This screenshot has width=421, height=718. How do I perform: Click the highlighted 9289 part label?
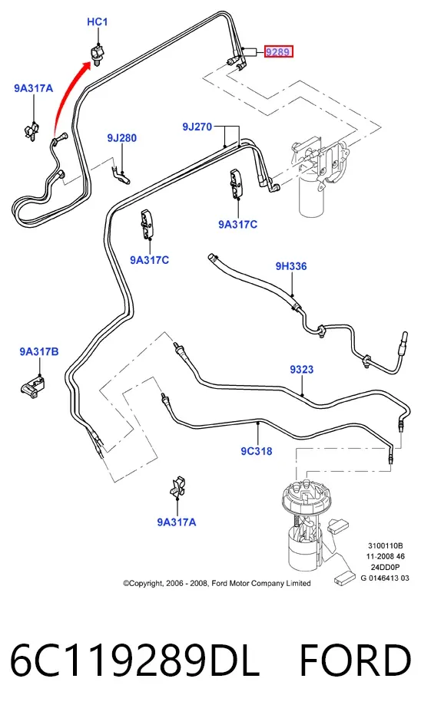coord(278,52)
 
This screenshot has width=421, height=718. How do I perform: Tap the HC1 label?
coord(98,21)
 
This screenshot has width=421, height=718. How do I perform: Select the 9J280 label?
coord(122,138)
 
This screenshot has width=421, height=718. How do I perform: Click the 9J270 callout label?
coord(197,127)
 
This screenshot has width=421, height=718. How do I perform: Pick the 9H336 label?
coord(291,266)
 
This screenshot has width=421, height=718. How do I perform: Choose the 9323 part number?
coord(302,369)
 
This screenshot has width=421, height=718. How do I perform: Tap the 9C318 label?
coord(257,451)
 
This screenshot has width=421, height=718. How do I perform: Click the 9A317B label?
coord(39,351)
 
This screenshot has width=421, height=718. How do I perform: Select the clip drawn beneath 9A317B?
coord(33,385)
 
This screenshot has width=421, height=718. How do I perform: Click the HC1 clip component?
coord(98,53)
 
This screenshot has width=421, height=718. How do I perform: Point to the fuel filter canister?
coord(313,195)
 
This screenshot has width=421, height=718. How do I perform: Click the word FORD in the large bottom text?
coord(356,660)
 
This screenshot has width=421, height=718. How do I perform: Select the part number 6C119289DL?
coord(135,660)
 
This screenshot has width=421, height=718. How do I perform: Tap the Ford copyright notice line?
coord(217,583)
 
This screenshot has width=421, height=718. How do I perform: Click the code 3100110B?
coord(385,545)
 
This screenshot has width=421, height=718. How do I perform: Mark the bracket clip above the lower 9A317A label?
coord(177,487)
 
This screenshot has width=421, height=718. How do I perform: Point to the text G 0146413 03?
coord(385,578)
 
